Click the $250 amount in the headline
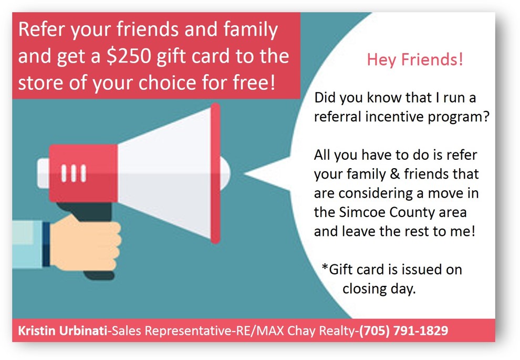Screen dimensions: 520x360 (x=129, y=56)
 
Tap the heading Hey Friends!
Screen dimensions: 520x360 (x=415, y=60)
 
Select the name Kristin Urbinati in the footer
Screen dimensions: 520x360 (x=63, y=331)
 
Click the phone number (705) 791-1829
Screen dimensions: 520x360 (x=403, y=331)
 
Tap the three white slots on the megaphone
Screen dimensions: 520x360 (x=74, y=173)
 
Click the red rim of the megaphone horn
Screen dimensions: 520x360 (x=215, y=173)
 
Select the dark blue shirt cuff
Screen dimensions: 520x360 (x=46, y=244)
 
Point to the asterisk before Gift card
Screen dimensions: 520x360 (x=325, y=267)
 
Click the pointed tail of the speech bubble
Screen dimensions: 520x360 (x=245, y=173)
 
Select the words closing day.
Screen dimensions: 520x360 (x=379, y=289)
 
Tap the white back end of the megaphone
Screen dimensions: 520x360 (x=44, y=173)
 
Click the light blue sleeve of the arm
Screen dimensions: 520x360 (x=27, y=244)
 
